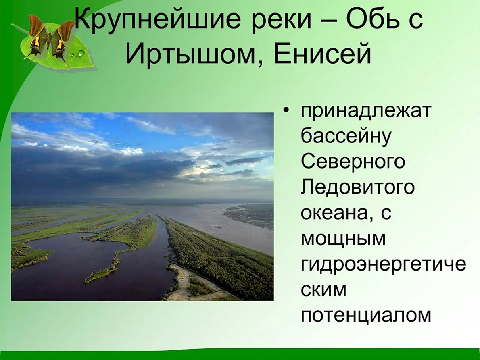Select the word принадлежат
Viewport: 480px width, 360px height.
point(366,111)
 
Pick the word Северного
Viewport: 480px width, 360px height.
point(353,161)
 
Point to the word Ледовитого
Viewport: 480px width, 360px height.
point(357,187)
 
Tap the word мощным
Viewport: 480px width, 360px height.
point(343,239)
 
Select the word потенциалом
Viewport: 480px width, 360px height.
point(366,315)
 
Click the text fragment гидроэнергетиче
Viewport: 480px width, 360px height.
point(383,264)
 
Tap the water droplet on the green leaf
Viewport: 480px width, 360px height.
point(81,54)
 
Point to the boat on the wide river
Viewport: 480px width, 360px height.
point(217,227)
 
